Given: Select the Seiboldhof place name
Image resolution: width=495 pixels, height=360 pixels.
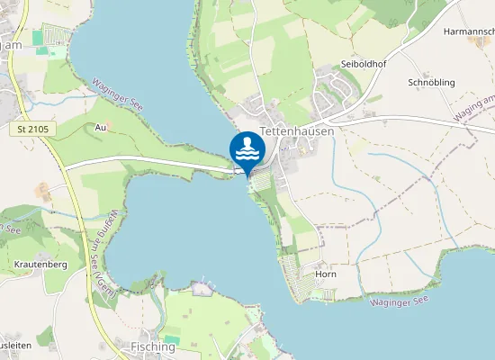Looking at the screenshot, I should [x=363, y=65].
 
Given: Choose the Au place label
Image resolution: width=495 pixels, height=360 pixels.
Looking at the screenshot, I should [x=100, y=128].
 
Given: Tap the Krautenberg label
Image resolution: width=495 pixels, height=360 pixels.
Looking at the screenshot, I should [x=41, y=265].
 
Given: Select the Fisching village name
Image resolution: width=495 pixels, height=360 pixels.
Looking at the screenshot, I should [x=153, y=346].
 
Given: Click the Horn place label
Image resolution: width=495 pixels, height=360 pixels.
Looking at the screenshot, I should [x=325, y=274].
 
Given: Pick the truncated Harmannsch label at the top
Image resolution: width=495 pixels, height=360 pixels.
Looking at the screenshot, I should [x=468, y=31].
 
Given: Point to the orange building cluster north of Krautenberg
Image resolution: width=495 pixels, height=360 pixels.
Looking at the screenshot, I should [x=42, y=191].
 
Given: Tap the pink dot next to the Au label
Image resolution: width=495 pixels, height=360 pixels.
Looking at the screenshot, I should [x=109, y=123].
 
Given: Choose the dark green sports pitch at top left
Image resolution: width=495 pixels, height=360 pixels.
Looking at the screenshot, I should [x=38, y=38].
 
